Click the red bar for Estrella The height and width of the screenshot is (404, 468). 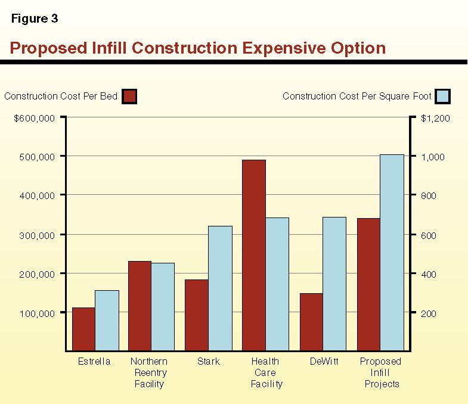click(x=83, y=329)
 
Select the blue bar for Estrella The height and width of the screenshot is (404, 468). click(x=107, y=321)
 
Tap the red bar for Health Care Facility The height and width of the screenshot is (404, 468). click(x=253, y=255)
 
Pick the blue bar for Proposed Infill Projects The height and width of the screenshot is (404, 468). click(x=392, y=253)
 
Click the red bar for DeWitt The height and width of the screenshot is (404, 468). click(x=311, y=322)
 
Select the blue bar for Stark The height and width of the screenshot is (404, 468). click(x=220, y=288)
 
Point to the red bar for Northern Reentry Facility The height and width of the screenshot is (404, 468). click(x=140, y=306)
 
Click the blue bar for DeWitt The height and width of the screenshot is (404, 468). click(x=334, y=284)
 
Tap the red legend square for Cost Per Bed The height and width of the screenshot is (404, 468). click(x=129, y=97)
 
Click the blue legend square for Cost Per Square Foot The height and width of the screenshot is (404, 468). click(x=442, y=97)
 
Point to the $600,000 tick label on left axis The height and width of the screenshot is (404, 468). click(x=35, y=118)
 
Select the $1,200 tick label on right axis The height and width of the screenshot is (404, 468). click(x=435, y=119)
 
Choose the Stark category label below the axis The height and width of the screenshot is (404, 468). click(x=208, y=362)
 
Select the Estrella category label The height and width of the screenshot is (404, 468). click(x=94, y=362)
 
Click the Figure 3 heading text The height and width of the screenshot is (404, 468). click(x=35, y=18)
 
